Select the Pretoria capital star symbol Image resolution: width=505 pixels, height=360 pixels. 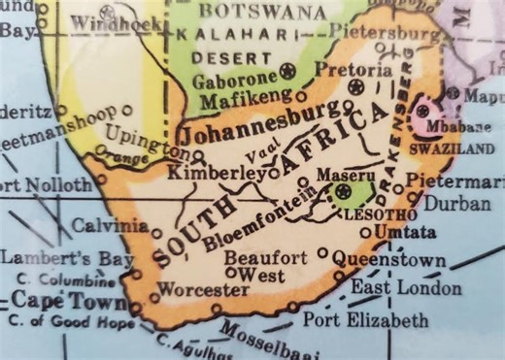pyautogui.click(x=356, y=87)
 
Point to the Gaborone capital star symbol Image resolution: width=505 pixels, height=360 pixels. pyautogui.click(x=287, y=70)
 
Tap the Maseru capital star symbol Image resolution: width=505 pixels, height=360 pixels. pyautogui.click(x=342, y=192)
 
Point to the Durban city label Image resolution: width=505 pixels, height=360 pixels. pyautogui.click(x=458, y=204)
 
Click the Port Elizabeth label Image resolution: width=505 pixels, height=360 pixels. pyautogui.click(x=365, y=319)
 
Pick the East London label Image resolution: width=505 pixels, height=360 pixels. pyautogui.click(x=390, y=288)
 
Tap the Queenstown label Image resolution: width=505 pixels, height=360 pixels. pyautogui.click(x=389, y=260)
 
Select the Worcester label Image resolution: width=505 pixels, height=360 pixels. pyautogui.click(x=203, y=289)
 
